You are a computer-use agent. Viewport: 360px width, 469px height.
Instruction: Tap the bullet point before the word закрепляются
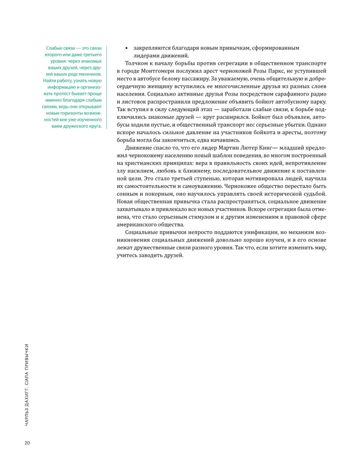click(126, 48)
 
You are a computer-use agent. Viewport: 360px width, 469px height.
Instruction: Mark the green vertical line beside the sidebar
click(108, 87)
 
